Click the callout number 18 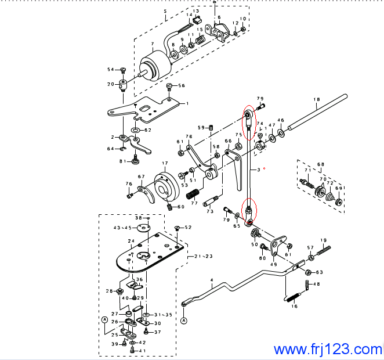(317, 100)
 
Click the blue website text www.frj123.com (328, 350)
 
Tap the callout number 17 (165, 164)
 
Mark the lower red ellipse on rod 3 (249, 213)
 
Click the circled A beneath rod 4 (184, 321)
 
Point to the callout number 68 (321, 164)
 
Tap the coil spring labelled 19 (324, 250)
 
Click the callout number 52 (187, 227)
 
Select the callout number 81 (122, 161)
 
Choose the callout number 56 (182, 86)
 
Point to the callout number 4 (212, 280)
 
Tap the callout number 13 (195, 11)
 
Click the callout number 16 (294, 306)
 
